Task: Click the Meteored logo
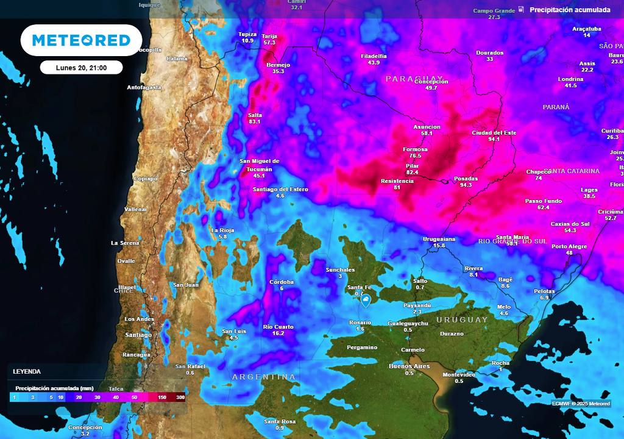(x=81, y=40)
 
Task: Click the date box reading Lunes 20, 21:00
(x=82, y=68)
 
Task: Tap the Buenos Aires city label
(x=409, y=366)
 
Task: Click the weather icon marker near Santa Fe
(x=366, y=301)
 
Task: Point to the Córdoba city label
(x=282, y=282)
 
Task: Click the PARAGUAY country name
(x=416, y=79)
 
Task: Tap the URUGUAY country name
(x=462, y=319)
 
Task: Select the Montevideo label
(x=459, y=374)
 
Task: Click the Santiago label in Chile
(x=138, y=335)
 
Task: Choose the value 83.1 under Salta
(x=255, y=121)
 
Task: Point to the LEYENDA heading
(x=27, y=371)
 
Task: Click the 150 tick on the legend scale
(x=163, y=397)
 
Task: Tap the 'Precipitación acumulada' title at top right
(x=570, y=10)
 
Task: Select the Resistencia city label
(x=397, y=181)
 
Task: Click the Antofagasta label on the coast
(x=144, y=87)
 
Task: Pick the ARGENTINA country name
(x=264, y=377)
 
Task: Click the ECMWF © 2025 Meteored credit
(x=581, y=403)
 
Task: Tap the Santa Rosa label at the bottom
(x=280, y=421)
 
